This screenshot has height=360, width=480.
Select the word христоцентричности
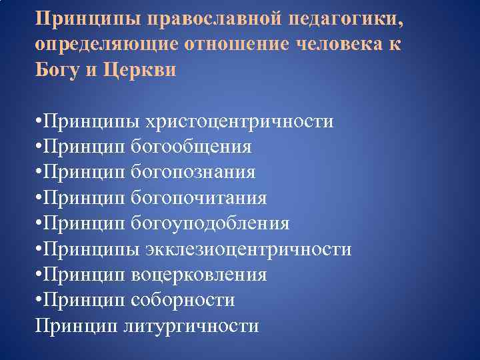tap(244, 122)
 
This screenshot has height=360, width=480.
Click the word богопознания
tap(193, 173)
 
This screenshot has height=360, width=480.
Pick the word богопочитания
tap(199, 198)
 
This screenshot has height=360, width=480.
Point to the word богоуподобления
tap(210, 223)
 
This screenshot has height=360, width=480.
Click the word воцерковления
tap(199, 275)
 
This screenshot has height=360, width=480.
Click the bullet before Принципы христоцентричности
tap(40, 123)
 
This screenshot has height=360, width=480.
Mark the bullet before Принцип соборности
tap(40, 301)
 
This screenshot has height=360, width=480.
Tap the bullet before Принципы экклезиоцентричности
tap(40, 250)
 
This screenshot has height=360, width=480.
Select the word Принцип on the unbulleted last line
tap(77, 325)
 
